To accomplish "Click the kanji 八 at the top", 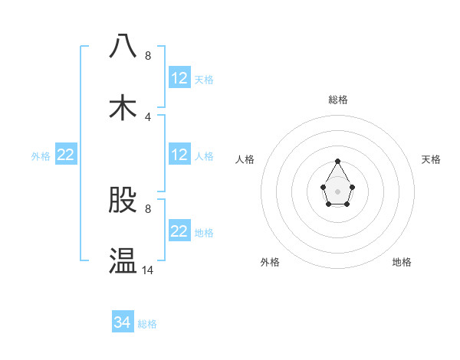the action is coord(123,46).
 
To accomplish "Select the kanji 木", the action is coord(123,107).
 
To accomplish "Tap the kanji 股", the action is coord(123,200).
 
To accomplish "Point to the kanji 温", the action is coord(123,260).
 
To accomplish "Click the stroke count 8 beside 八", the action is coord(148,56).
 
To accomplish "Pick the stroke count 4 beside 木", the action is coord(148,117).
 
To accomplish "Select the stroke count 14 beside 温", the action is coord(148,270).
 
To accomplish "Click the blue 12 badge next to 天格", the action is coord(179,78).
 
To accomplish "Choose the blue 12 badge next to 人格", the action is coord(179,155).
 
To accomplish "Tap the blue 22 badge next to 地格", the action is coord(179,231).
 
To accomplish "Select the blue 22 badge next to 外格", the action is coord(66,155).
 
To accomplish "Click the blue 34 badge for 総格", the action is coord(123,322).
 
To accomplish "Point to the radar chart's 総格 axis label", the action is coord(338,100).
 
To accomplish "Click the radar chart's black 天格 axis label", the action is coord(431,159).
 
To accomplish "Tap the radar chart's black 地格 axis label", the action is coord(402,262).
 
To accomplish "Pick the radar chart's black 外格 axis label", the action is coord(270,262).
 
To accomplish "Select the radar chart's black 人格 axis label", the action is coord(245,159).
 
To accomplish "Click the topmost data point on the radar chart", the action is coord(337,161).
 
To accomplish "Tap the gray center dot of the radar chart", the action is coord(337,191).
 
